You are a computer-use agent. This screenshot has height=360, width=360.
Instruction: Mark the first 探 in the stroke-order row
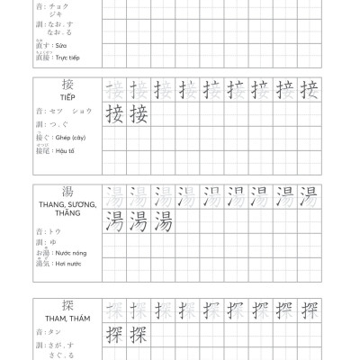tap(114, 312)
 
